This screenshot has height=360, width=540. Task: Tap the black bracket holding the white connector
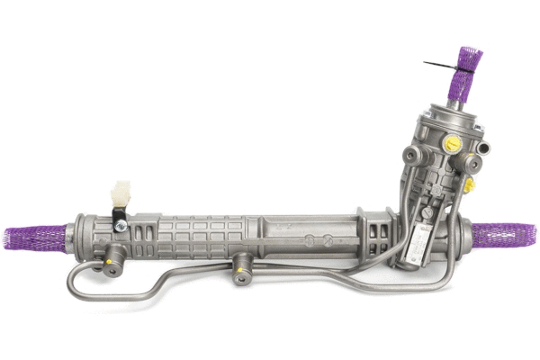(x=117, y=216)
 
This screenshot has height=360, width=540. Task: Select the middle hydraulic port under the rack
(x=240, y=267)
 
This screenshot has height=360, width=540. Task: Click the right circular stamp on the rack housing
(x=328, y=240)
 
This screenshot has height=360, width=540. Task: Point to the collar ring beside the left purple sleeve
(x=81, y=232)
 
